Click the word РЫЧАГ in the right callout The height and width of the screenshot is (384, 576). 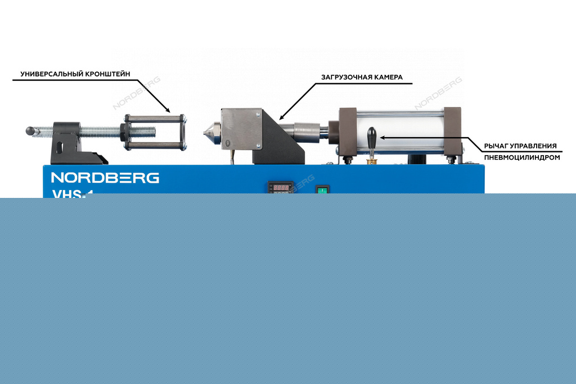tap(496, 146)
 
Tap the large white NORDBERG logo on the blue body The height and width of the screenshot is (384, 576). tap(105, 178)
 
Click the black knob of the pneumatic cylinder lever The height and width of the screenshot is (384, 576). tap(371, 135)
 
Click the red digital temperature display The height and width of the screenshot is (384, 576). tap(281, 187)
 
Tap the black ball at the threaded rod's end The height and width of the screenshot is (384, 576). tap(30, 131)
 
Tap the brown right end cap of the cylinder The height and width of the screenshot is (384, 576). tap(453, 133)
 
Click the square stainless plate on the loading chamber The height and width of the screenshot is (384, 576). tap(242, 128)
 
